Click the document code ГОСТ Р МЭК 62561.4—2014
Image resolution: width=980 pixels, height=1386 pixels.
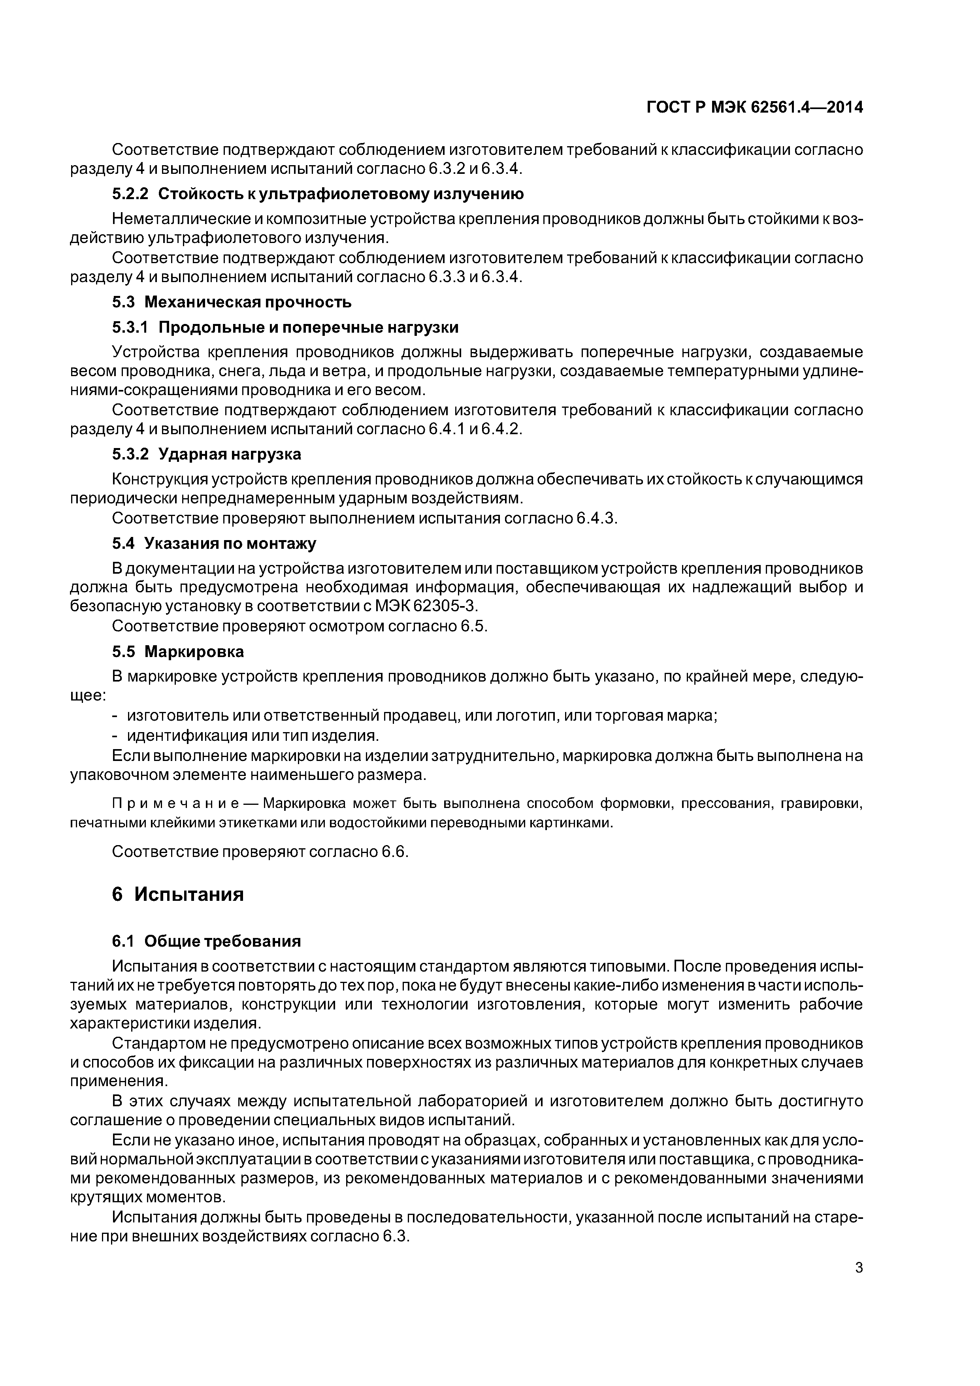pyautogui.click(x=754, y=107)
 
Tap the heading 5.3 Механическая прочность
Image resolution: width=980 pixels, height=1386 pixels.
pyautogui.click(x=232, y=302)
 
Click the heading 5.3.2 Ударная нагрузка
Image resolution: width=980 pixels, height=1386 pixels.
pyautogui.click(x=207, y=454)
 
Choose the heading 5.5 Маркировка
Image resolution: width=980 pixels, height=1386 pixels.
pyautogui.click(x=178, y=652)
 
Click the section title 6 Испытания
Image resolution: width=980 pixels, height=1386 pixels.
pyautogui.click(x=178, y=894)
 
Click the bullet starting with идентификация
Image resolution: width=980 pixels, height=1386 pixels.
pyautogui.click(x=253, y=735)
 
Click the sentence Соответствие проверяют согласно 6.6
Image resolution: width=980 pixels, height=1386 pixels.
pyautogui.click(x=260, y=852)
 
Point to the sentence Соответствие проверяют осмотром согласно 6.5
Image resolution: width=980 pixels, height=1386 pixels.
pyautogui.click(x=300, y=626)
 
